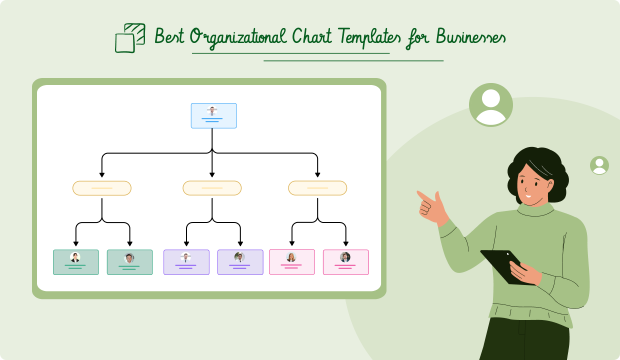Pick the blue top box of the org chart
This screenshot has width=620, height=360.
(x=213, y=115)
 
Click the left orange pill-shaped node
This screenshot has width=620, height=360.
(x=102, y=187)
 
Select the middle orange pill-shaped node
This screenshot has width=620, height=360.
(x=212, y=187)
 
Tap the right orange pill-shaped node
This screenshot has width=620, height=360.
(x=317, y=187)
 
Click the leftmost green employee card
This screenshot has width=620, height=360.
(x=76, y=261)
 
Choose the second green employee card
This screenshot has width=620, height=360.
(x=130, y=261)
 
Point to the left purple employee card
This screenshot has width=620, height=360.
(x=186, y=261)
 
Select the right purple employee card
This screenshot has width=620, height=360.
(x=240, y=261)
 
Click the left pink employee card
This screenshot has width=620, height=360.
(x=292, y=261)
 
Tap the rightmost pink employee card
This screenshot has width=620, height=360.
(x=346, y=261)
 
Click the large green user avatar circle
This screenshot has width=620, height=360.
(x=490, y=105)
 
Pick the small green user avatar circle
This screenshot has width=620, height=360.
(x=599, y=165)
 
